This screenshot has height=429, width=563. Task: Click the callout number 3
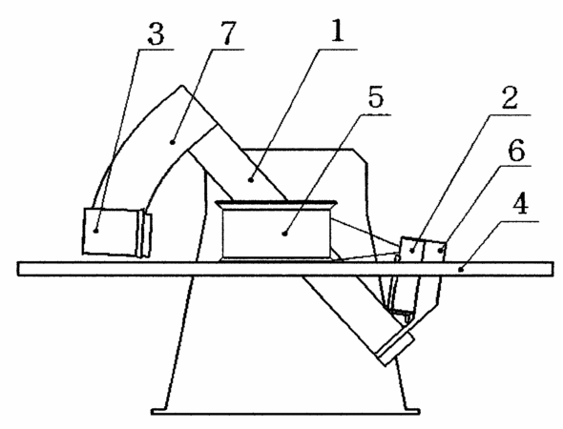pos(156,34)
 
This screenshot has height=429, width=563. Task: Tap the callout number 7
pos(228,33)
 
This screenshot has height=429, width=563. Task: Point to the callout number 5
pos(376,96)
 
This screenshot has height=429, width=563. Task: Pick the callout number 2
pos(510,97)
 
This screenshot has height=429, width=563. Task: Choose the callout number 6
pos(516,151)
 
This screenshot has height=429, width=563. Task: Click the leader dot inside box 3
pos(95,231)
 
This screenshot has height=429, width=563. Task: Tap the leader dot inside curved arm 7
pos(173,142)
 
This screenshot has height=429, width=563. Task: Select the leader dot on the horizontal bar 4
pos(462,269)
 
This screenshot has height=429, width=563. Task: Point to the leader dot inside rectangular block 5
pos(284,234)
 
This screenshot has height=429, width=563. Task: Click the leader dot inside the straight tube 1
pos(251,180)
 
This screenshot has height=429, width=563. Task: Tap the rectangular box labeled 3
pos(110,232)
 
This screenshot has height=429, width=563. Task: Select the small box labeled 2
pos(411,250)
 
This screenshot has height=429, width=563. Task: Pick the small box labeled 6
pos(435,252)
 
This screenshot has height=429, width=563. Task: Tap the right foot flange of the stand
pos(412,412)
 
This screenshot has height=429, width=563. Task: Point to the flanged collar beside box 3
pos(144,235)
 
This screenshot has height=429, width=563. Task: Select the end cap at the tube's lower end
pos(395,348)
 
